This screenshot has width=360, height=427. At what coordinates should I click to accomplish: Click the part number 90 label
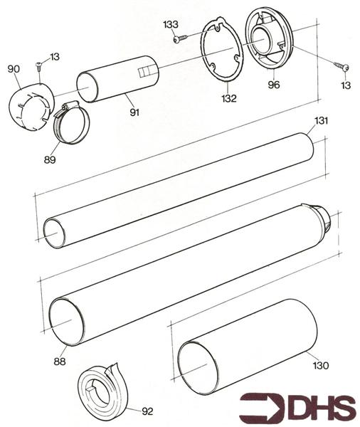click(x=13, y=68)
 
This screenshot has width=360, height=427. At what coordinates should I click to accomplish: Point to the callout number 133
click(x=170, y=24)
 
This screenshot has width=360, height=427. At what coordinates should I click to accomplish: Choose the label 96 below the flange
click(x=274, y=85)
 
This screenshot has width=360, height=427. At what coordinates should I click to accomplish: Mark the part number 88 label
click(x=59, y=362)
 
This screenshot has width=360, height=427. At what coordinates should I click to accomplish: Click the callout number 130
click(x=321, y=366)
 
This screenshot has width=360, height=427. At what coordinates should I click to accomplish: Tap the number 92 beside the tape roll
click(x=147, y=411)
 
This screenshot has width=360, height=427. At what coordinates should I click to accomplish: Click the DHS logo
click(x=297, y=408)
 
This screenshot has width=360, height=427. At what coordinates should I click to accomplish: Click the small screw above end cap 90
click(x=39, y=66)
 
